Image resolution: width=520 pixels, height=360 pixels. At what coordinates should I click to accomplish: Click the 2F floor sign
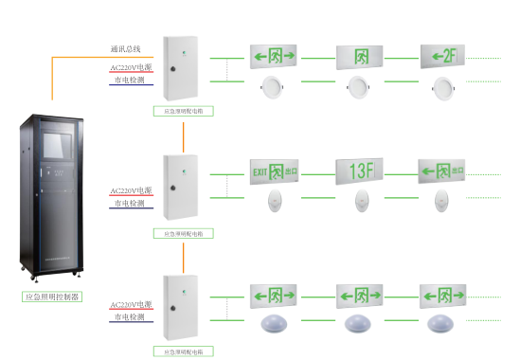(x=442, y=56)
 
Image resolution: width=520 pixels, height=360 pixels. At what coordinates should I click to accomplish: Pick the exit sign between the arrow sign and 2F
(x=359, y=56)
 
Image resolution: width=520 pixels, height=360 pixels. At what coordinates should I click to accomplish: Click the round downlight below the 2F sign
(x=442, y=89)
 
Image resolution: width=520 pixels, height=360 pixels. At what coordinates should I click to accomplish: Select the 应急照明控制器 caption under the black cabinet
(x=52, y=297)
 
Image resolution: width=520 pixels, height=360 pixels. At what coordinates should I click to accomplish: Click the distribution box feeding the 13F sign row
(x=181, y=186)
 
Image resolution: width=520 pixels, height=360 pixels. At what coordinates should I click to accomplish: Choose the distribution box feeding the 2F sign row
(x=181, y=67)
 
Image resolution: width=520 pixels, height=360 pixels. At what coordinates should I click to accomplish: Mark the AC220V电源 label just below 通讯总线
(x=131, y=68)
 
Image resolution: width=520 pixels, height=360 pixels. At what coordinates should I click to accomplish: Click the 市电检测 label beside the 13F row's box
(x=129, y=203)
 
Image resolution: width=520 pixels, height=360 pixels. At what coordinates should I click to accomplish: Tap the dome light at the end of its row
(x=442, y=322)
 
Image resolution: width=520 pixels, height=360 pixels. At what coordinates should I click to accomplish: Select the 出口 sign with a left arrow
(x=442, y=171)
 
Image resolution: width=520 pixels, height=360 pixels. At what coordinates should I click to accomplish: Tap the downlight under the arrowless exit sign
(x=359, y=89)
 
